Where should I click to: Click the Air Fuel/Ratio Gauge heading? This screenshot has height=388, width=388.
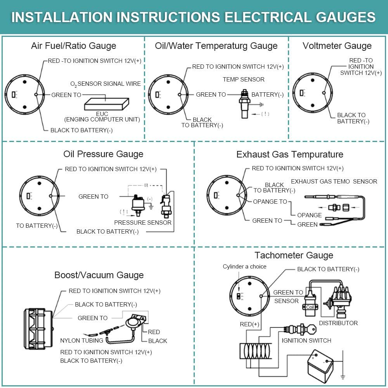tap(73, 46)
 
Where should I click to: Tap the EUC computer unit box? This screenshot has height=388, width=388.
tap(106, 104)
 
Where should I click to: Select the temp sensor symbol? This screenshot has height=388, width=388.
tap(244, 104)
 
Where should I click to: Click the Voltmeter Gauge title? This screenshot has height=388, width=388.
tap(337, 46)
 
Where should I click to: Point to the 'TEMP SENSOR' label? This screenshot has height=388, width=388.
tap(244, 80)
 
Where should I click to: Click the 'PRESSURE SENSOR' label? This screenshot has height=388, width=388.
tap(143, 222)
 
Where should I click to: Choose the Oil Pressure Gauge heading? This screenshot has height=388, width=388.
tap(103, 154)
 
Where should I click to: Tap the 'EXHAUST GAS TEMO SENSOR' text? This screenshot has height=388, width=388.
tap(334, 181)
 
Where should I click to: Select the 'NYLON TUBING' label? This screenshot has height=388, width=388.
tap(81, 341)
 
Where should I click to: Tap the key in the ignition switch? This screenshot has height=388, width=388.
tap(310, 329)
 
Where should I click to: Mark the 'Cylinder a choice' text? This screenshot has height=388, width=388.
tap(244, 267)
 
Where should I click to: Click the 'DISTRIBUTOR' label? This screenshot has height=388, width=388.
tap(338, 323)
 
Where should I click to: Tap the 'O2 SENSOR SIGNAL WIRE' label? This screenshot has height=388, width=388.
tap(106, 84)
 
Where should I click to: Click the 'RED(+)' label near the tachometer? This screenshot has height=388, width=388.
tap(249, 324)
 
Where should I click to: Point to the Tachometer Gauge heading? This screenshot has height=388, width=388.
tap(294, 255)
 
